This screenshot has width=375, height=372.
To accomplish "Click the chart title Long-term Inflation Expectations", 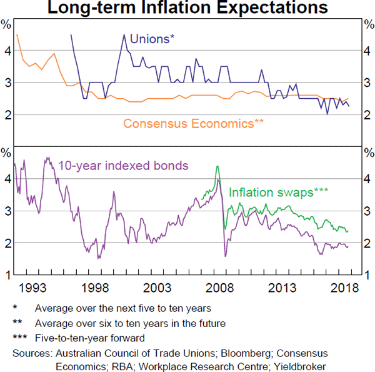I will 187,8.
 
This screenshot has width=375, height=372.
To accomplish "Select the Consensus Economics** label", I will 188,123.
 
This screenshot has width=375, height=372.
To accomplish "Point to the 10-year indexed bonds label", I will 123,166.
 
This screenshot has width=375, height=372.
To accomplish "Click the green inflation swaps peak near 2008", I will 217,166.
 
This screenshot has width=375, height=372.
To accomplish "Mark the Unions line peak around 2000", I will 124,34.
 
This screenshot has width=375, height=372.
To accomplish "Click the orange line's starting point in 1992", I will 16,35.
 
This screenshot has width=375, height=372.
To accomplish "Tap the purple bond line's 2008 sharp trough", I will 225,256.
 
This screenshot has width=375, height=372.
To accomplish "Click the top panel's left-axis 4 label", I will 7,51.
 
